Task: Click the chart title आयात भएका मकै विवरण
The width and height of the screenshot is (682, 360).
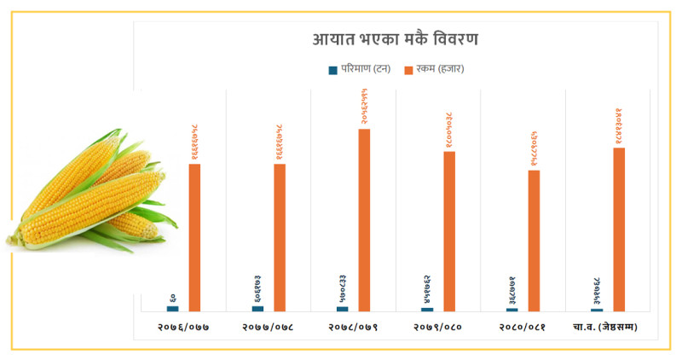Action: click(x=395, y=40)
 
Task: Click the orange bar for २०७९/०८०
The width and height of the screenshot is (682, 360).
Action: click(x=449, y=231)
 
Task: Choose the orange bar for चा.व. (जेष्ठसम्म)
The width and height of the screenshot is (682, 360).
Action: click(x=619, y=229)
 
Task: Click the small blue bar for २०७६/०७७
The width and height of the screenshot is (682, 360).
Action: click(x=172, y=309)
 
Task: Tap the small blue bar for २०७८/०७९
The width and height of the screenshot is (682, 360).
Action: click(x=343, y=309)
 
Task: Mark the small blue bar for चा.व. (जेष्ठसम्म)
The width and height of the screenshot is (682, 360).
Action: click(x=597, y=310)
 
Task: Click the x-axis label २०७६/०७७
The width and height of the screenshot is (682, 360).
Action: click(x=183, y=327)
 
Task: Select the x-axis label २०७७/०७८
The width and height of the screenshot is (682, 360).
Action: click(x=269, y=327)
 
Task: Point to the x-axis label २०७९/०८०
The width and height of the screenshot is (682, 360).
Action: click(x=438, y=327)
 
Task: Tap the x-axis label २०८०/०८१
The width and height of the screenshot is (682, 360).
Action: click(x=523, y=327)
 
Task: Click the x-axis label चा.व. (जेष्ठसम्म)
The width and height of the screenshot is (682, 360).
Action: click(x=608, y=327)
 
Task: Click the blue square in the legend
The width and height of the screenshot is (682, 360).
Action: click(x=332, y=69)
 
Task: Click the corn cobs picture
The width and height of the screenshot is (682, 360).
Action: click(x=90, y=192)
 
